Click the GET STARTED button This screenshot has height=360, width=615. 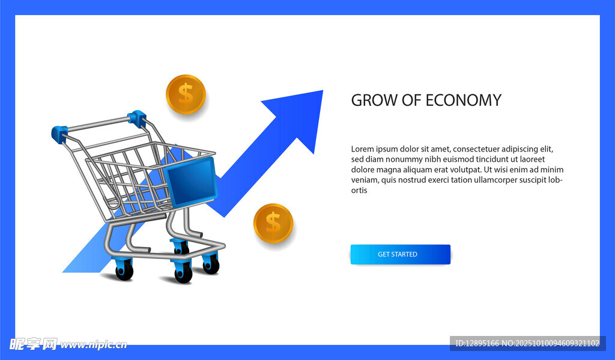coord(400,254)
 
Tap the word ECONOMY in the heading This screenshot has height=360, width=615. coord(463,100)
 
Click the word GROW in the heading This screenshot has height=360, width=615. coord(374,100)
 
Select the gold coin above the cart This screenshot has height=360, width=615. coord(186,94)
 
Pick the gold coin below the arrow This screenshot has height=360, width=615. coord(273,223)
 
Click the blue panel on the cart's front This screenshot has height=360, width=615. coord(191,182)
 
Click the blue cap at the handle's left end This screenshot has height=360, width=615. coord(59,133)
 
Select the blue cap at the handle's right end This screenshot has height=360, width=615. coord(137,118)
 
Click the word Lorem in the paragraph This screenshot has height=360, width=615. coord(362,149)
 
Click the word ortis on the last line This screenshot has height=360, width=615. coord(359,191)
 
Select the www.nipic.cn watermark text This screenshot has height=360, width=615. coord(94,345)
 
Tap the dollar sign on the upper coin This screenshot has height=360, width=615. coord(186,94)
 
